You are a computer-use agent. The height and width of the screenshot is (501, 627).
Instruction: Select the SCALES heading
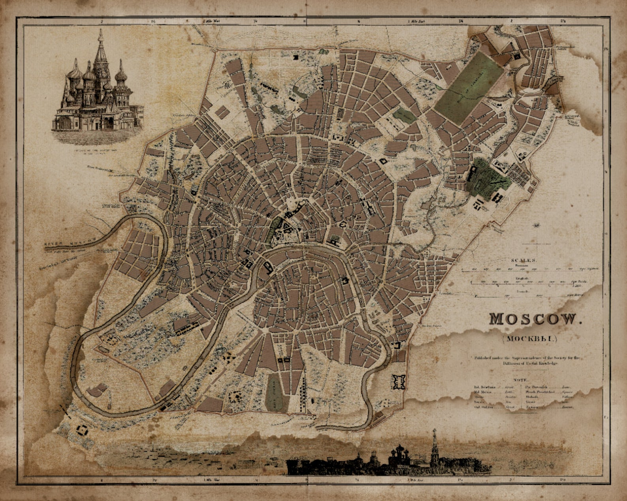(x=524, y=260)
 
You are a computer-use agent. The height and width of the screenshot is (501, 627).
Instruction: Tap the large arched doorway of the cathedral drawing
(x=66, y=123)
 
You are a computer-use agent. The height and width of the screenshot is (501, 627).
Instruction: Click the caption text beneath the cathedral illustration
(x=96, y=152)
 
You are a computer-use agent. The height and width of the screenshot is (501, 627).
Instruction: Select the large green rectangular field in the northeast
(x=469, y=87)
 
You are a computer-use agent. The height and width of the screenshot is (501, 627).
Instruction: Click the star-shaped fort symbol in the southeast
(x=398, y=382)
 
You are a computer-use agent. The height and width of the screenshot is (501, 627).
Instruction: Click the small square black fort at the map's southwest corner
(x=83, y=430)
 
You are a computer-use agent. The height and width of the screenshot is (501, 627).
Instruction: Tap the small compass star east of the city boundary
(x=536, y=225)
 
